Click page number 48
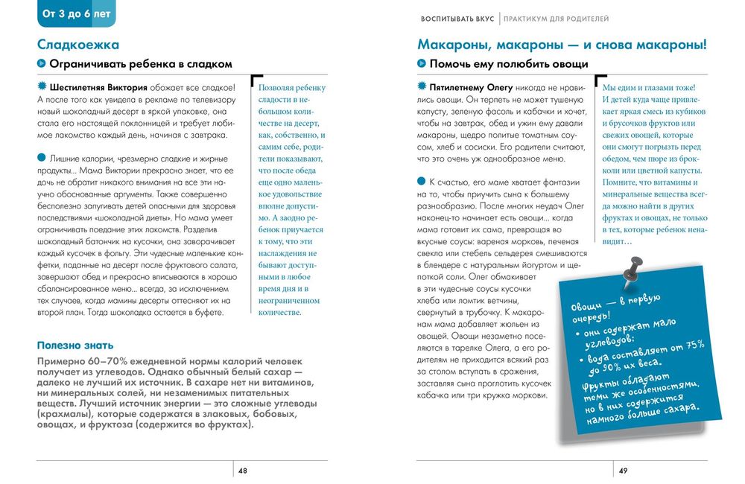243,471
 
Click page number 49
624,471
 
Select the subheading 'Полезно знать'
75,345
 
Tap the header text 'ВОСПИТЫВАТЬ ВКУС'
457,18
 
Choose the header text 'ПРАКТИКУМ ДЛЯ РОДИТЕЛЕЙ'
556,18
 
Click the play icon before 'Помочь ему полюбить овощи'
422,64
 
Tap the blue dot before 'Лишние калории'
41,157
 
